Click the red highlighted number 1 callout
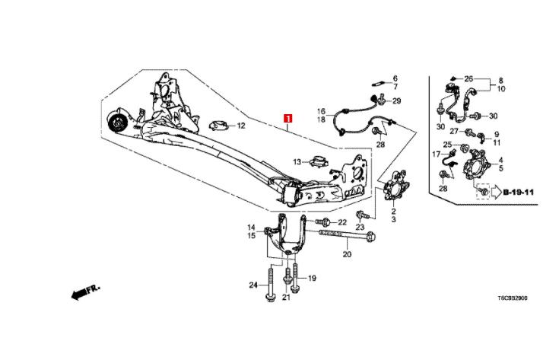click(x=287, y=118)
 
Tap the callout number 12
click(x=241, y=126)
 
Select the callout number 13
click(x=297, y=162)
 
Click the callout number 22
click(x=342, y=222)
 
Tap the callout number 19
click(x=312, y=278)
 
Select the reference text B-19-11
click(x=519, y=193)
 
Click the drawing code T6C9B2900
click(x=513, y=298)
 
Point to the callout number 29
click(x=397, y=101)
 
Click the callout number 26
click(x=468, y=78)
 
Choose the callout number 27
click(x=454, y=132)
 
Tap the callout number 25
click(x=447, y=145)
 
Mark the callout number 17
click(x=437, y=155)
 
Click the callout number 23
click(x=360, y=227)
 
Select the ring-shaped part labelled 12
click(x=218, y=126)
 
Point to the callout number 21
click(x=286, y=297)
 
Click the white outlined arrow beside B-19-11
click(x=496, y=193)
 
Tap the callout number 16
click(x=321, y=111)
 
